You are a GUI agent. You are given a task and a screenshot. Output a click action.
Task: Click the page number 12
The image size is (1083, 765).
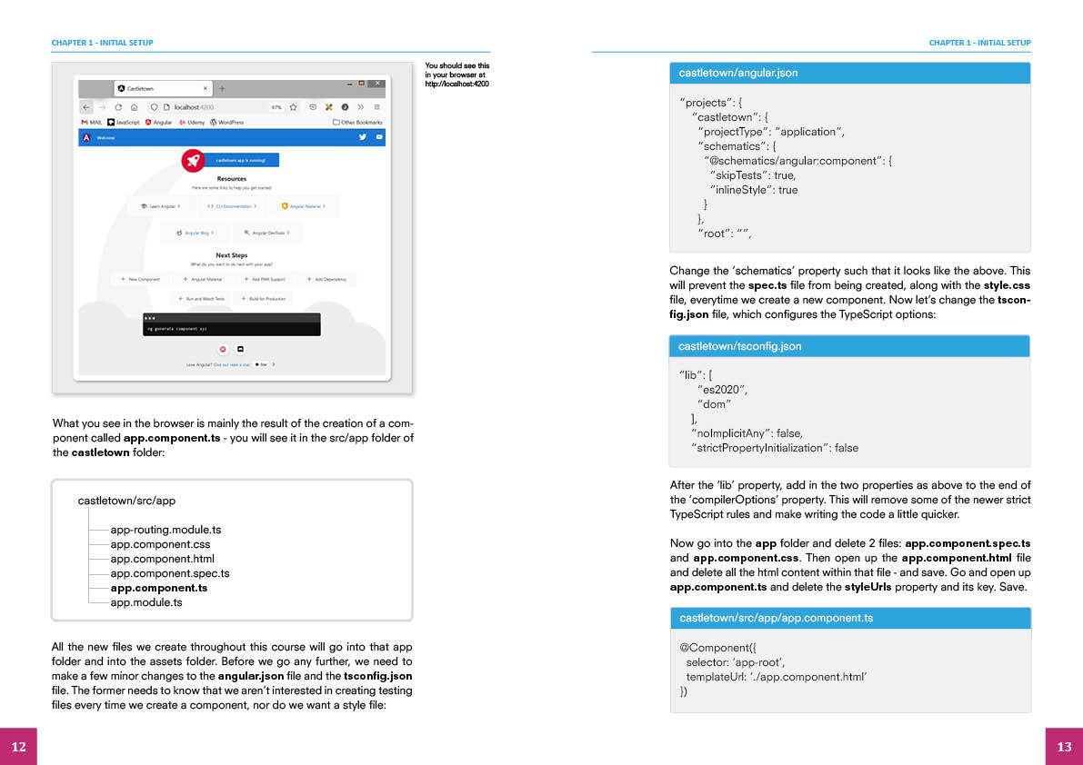(x=18, y=746)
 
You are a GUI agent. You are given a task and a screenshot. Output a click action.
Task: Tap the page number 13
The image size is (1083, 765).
(x=1064, y=746)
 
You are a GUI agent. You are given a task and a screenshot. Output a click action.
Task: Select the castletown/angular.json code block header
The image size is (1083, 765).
(x=849, y=73)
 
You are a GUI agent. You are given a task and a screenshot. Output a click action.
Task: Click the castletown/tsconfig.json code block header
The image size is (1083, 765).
(x=849, y=346)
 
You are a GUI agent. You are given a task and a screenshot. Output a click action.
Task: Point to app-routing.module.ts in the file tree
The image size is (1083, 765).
(x=165, y=530)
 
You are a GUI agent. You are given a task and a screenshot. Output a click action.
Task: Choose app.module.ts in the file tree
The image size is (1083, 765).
(x=146, y=602)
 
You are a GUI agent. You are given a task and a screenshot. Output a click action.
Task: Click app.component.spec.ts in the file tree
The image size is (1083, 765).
(x=170, y=573)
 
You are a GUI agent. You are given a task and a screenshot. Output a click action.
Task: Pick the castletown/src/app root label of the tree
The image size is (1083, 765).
(x=126, y=501)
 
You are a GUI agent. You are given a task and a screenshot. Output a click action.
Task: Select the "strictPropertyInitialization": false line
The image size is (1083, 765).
(x=775, y=448)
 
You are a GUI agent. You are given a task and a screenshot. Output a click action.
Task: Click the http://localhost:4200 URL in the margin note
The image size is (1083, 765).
(x=456, y=84)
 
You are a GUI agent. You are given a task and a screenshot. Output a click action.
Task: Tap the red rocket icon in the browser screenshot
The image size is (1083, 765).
(x=193, y=160)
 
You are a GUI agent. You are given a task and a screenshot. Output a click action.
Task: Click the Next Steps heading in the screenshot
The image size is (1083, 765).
(x=232, y=255)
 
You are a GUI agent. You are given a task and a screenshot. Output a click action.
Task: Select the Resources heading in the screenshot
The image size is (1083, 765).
(x=232, y=179)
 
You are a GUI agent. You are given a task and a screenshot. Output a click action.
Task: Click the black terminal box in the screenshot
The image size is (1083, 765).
(x=232, y=324)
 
